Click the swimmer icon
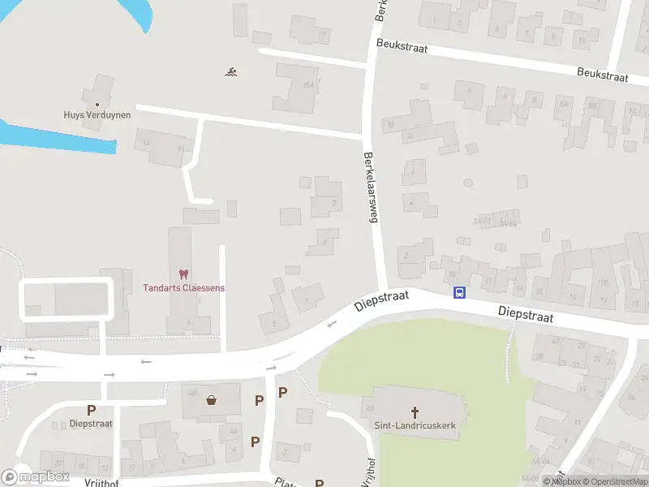(x=231, y=72)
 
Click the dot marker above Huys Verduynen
(x=97, y=104)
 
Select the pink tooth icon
(x=183, y=274)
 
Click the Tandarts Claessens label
(x=184, y=287)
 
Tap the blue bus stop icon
(x=459, y=293)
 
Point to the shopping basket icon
(x=212, y=399)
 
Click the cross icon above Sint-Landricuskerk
(x=415, y=412)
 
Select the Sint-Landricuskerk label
(x=416, y=425)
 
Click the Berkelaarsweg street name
(x=372, y=187)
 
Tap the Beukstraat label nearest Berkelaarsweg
(x=401, y=47)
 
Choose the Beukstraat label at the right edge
(x=603, y=75)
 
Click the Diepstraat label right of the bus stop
(x=525, y=313)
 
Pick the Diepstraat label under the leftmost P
(x=91, y=423)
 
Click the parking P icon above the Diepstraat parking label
(x=92, y=410)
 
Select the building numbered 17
(x=322, y=35)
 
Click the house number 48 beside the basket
(x=192, y=393)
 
